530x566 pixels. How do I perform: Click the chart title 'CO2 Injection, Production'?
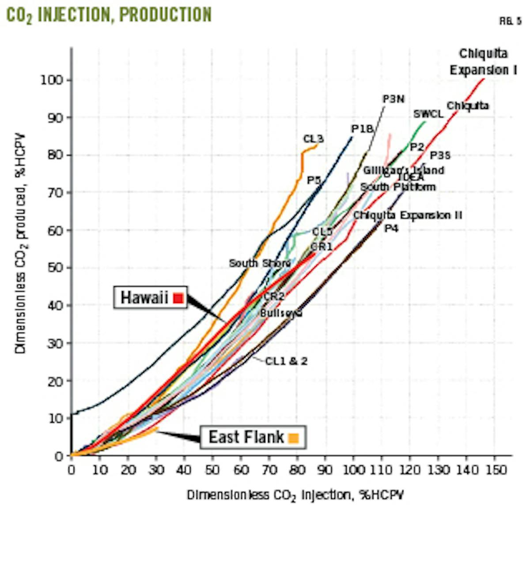click(109, 15)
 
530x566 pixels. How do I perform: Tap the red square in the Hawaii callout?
click(178, 298)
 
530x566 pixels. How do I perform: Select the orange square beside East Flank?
click(293, 438)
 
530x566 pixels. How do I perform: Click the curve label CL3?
click(313, 139)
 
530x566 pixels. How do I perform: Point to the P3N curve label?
click(393, 99)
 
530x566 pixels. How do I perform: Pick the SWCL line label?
click(428, 114)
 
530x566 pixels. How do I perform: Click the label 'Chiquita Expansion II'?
click(407, 215)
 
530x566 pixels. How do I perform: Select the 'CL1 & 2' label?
click(286, 361)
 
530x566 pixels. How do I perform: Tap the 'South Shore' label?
click(260, 263)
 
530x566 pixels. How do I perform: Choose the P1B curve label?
click(363, 129)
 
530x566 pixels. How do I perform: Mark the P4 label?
click(391, 229)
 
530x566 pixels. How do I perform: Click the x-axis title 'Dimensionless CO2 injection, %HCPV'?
click(295, 495)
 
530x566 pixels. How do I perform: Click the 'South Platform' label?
click(397, 187)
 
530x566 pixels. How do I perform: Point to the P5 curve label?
click(314, 180)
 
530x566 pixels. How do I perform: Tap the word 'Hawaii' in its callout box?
click(144, 298)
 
